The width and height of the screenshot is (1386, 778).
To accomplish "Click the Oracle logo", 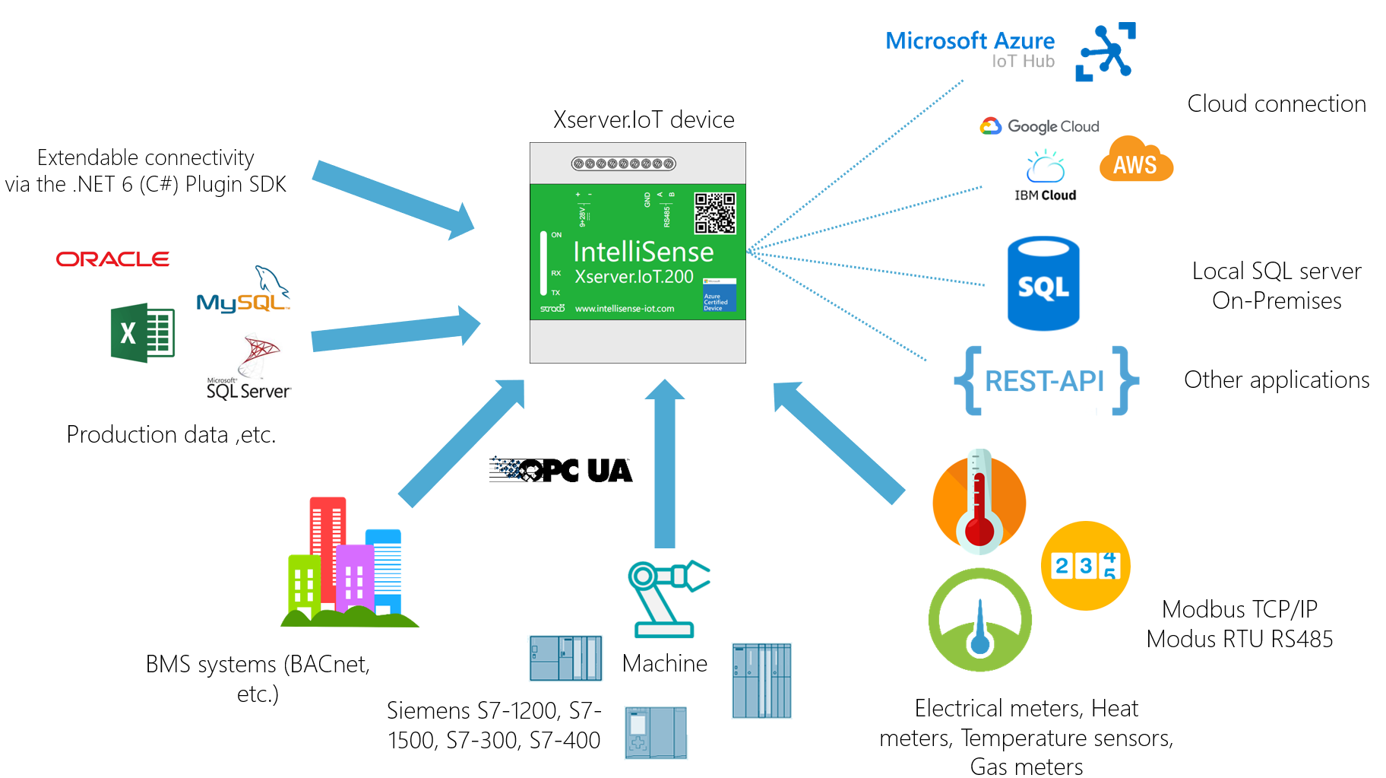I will pyautogui.click(x=112, y=259).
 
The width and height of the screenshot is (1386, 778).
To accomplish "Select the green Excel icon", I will pyautogui.click(x=142, y=332).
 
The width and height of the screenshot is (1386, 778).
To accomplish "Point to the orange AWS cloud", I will pyautogui.click(x=1135, y=160).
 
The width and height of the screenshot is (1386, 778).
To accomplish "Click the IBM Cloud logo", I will pyautogui.click(x=1046, y=176).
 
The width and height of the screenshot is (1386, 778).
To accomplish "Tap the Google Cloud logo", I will pyautogui.click(x=1039, y=126).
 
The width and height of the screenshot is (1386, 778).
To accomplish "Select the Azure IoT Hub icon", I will pyautogui.click(x=1106, y=52).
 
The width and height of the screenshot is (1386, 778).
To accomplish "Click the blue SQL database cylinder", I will pyautogui.click(x=1043, y=283).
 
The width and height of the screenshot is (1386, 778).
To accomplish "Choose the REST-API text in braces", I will pyautogui.click(x=1045, y=381).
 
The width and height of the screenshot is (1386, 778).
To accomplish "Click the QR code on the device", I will pyautogui.click(x=714, y=213).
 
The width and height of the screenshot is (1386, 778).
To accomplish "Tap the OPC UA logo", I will pyautogui.click(x=561, y=470).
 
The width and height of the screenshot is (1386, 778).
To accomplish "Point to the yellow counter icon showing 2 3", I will pyautogui.click(x=1085, y=565).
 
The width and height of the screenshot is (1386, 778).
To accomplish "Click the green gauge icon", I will pyautogui.click(x=979, y=619).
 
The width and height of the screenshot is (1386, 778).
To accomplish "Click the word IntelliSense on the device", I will pyautogui.click(x=643, y=252).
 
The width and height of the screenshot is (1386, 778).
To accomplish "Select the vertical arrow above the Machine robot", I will pyautogui.click(x=665, y=464).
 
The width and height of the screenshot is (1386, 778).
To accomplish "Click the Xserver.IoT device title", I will pyautogui.click(x=644, y=119).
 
